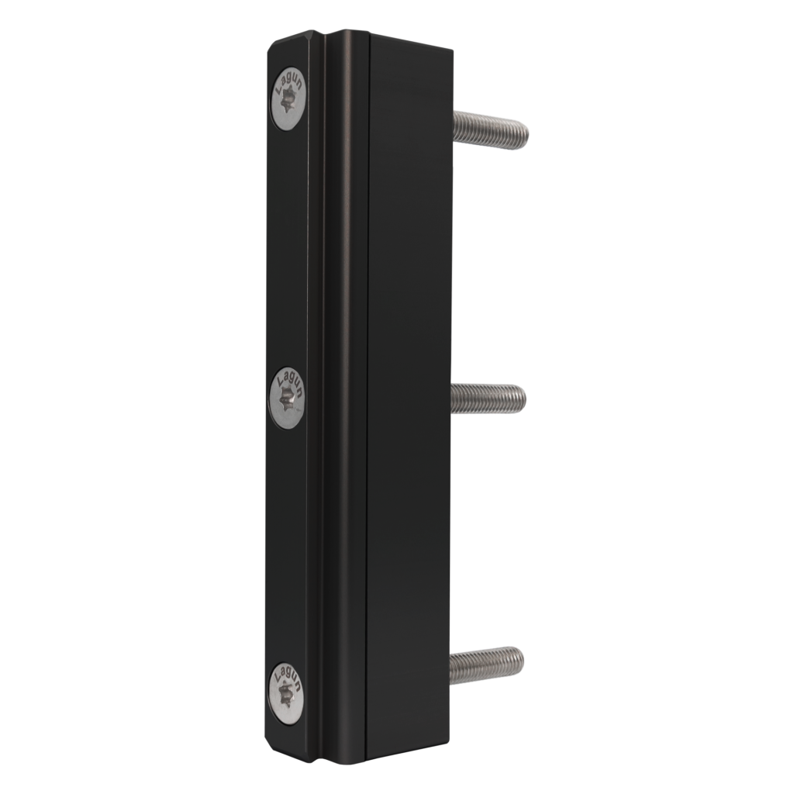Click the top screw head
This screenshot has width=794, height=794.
coord(288,98)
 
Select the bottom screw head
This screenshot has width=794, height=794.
coord(285,694)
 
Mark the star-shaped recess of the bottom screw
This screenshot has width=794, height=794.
coord(285,696)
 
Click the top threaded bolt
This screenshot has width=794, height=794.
coord(489,129)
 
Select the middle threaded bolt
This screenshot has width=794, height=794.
coord(488,399)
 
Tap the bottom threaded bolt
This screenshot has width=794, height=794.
coord(486,665)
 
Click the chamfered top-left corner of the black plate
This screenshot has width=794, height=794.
coord(271,47)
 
